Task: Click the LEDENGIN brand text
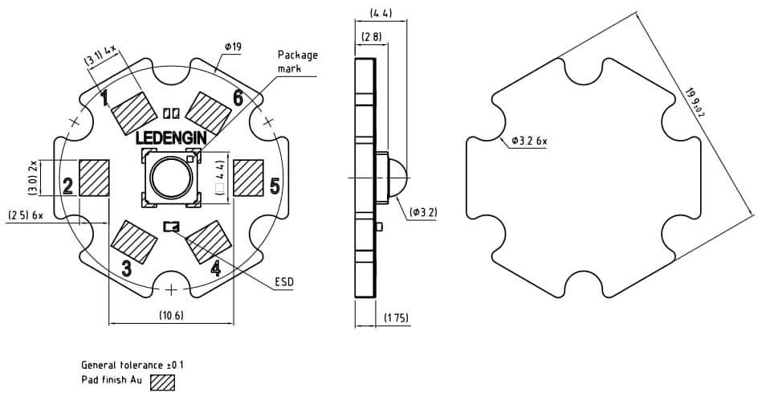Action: pyautogui.click(x=171, y=138)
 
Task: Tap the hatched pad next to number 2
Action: pyautogui.click(x=94, y=178)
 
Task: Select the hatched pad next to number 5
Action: pyautogui.click(x=247, y=178)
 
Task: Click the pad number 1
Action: pyautogui.click(x=104, y=97)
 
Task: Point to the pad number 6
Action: pyautogui.click(x=238, y=98)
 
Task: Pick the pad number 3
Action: pyautogui.click(x=126, y=268)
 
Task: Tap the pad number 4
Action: pyautogui.click(x=215, y=268)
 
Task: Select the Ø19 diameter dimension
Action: pyautogui.click(x=232, y=47)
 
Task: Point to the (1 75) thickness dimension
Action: pyautogui.click(x=396, y=318)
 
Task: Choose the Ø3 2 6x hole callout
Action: pyautogui.click(x=529, y=141)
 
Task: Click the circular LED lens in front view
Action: pyautogui.click(x=170, y=178)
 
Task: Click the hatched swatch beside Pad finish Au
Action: pyautogui.click(x=163, y=383)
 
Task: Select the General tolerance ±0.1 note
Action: pyautogui.click(x=132, y=365)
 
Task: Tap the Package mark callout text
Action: pyautogui.click(x=298, y=62)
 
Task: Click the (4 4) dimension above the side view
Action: pyautogui.click(x=381, y=13)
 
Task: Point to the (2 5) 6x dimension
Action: pyautogui.click(x=26, y=215)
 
